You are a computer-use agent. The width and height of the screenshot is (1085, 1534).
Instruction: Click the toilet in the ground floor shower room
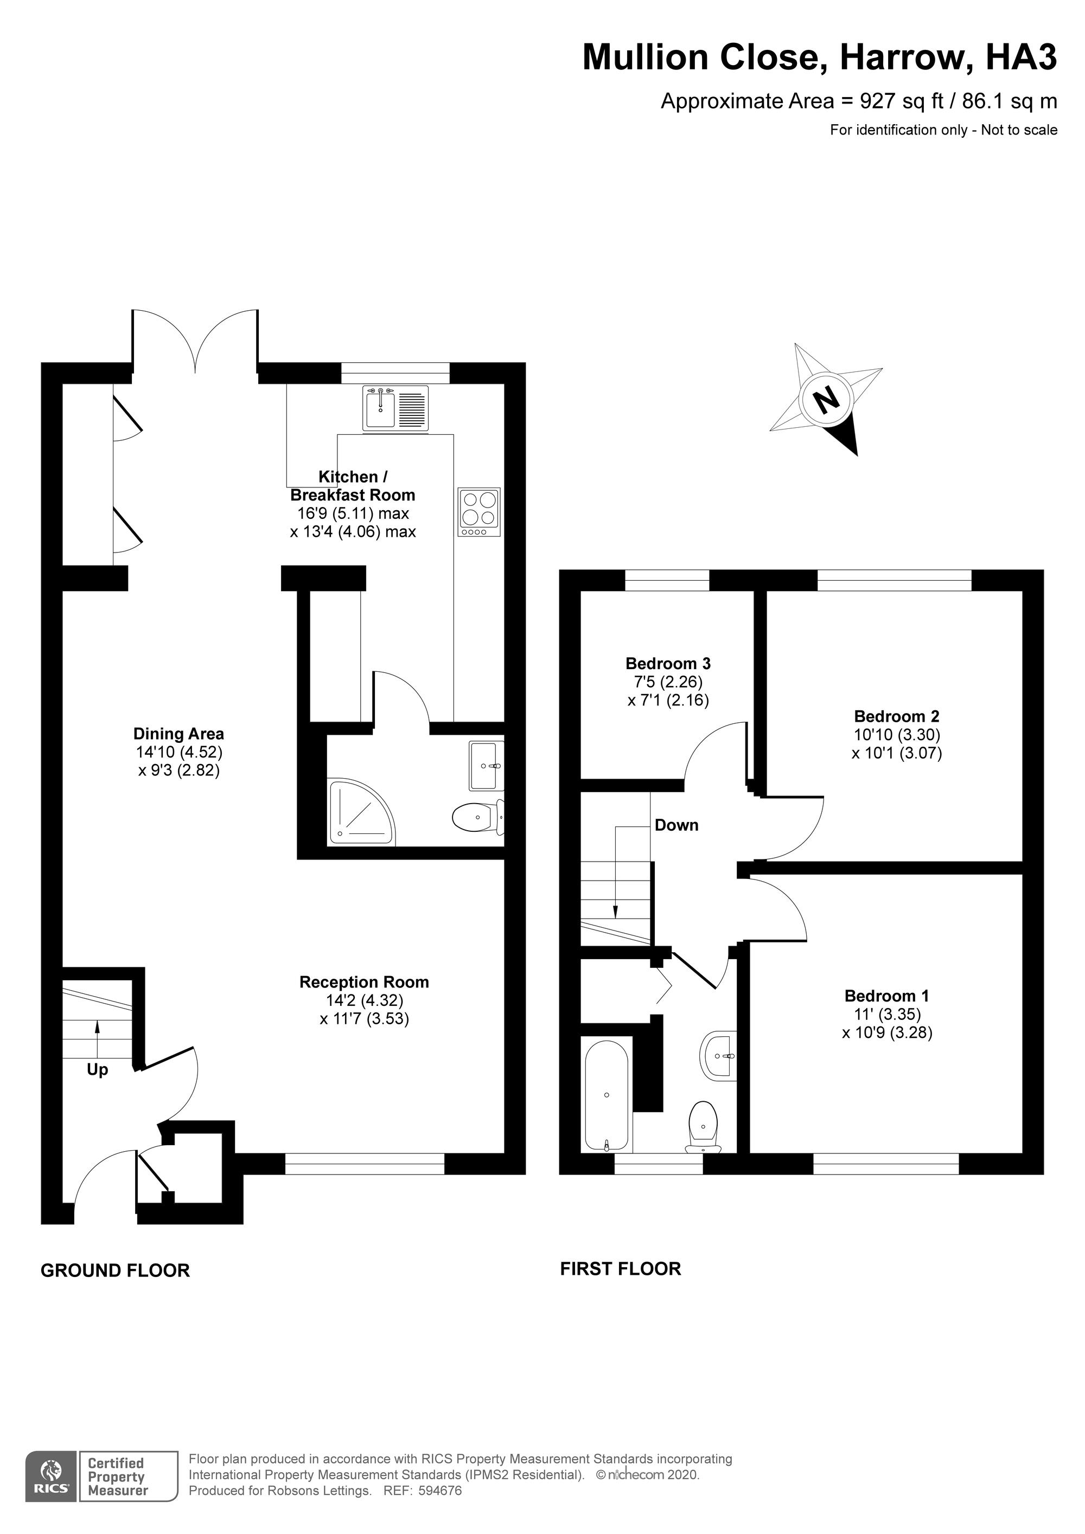click(478, 818)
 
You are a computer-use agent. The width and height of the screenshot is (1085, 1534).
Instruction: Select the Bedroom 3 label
click(668, 664)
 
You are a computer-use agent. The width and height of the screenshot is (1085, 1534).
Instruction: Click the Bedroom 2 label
click(896, 716)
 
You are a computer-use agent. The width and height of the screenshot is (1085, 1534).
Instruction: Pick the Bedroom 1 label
click(886, 996)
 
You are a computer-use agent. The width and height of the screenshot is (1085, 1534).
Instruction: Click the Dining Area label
click(179, 734)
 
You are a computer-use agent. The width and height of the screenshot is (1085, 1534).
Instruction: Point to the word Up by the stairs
click(98, 1070)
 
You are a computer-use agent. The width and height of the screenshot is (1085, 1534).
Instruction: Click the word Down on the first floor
click(676, 825)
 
